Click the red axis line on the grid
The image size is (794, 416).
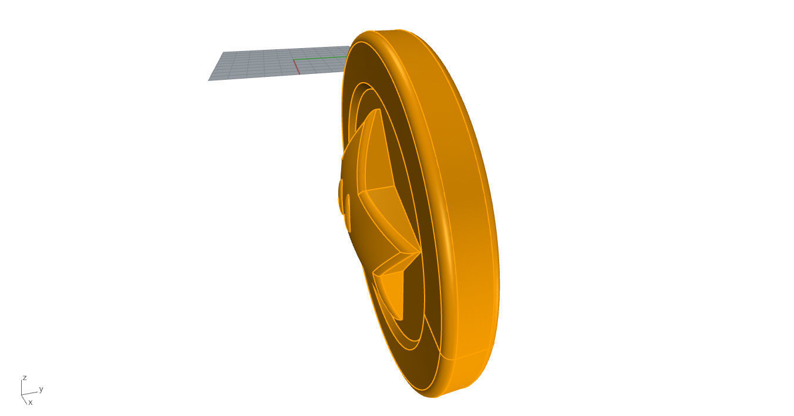tap(297, 66)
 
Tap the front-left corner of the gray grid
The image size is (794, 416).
tap(209, 80)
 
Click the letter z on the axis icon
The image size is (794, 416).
tap(24, 377)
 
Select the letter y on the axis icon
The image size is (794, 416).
tap(41, 389)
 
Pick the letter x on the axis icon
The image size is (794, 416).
tap(31, 403)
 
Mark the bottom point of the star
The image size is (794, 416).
tap(402, 319)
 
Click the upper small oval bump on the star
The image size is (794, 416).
tap(341, 191)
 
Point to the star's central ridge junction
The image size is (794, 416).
tap(363, 191)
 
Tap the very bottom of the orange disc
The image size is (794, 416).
tap(438, 397)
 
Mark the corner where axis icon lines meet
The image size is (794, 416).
tap(22, 395)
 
